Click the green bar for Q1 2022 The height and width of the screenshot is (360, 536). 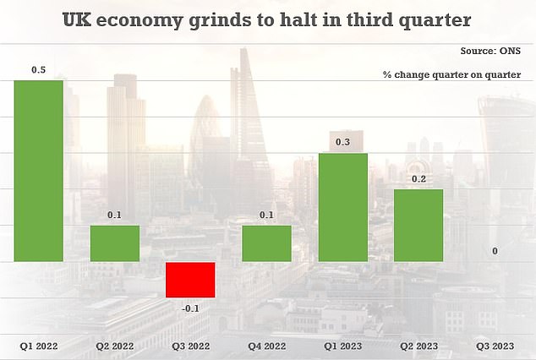coord(39,171)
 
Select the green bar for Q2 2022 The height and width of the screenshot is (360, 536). coord(115,243)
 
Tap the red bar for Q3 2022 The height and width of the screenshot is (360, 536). coord(190,280)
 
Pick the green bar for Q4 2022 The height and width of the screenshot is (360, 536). coord(266,243)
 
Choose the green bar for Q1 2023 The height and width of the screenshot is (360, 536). coord(342,207)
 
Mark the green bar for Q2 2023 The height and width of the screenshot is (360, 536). coord(418,225)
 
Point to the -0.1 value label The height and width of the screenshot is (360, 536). coord(190,308)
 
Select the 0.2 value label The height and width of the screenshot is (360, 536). coord(418,179)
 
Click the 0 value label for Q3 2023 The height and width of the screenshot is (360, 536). coord(495,252)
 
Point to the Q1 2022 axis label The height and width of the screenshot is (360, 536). coord(39,346)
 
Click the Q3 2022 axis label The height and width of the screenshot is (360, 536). coord(190,346)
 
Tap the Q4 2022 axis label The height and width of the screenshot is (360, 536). coord(266,346)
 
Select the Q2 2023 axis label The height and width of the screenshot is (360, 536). coord(418,346)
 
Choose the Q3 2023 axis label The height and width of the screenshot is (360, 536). coord(495,346)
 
